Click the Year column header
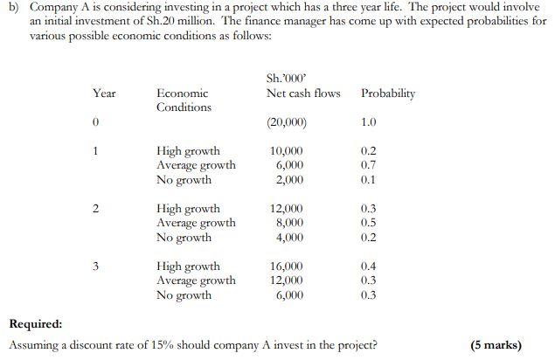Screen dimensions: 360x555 104,93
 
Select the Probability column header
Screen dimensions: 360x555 387,93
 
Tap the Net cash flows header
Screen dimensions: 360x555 303,93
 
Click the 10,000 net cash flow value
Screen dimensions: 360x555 288,151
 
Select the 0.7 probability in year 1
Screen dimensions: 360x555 369,165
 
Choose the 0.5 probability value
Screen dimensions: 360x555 369,223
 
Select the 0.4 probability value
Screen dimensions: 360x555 369,266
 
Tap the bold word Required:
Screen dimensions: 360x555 35,323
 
